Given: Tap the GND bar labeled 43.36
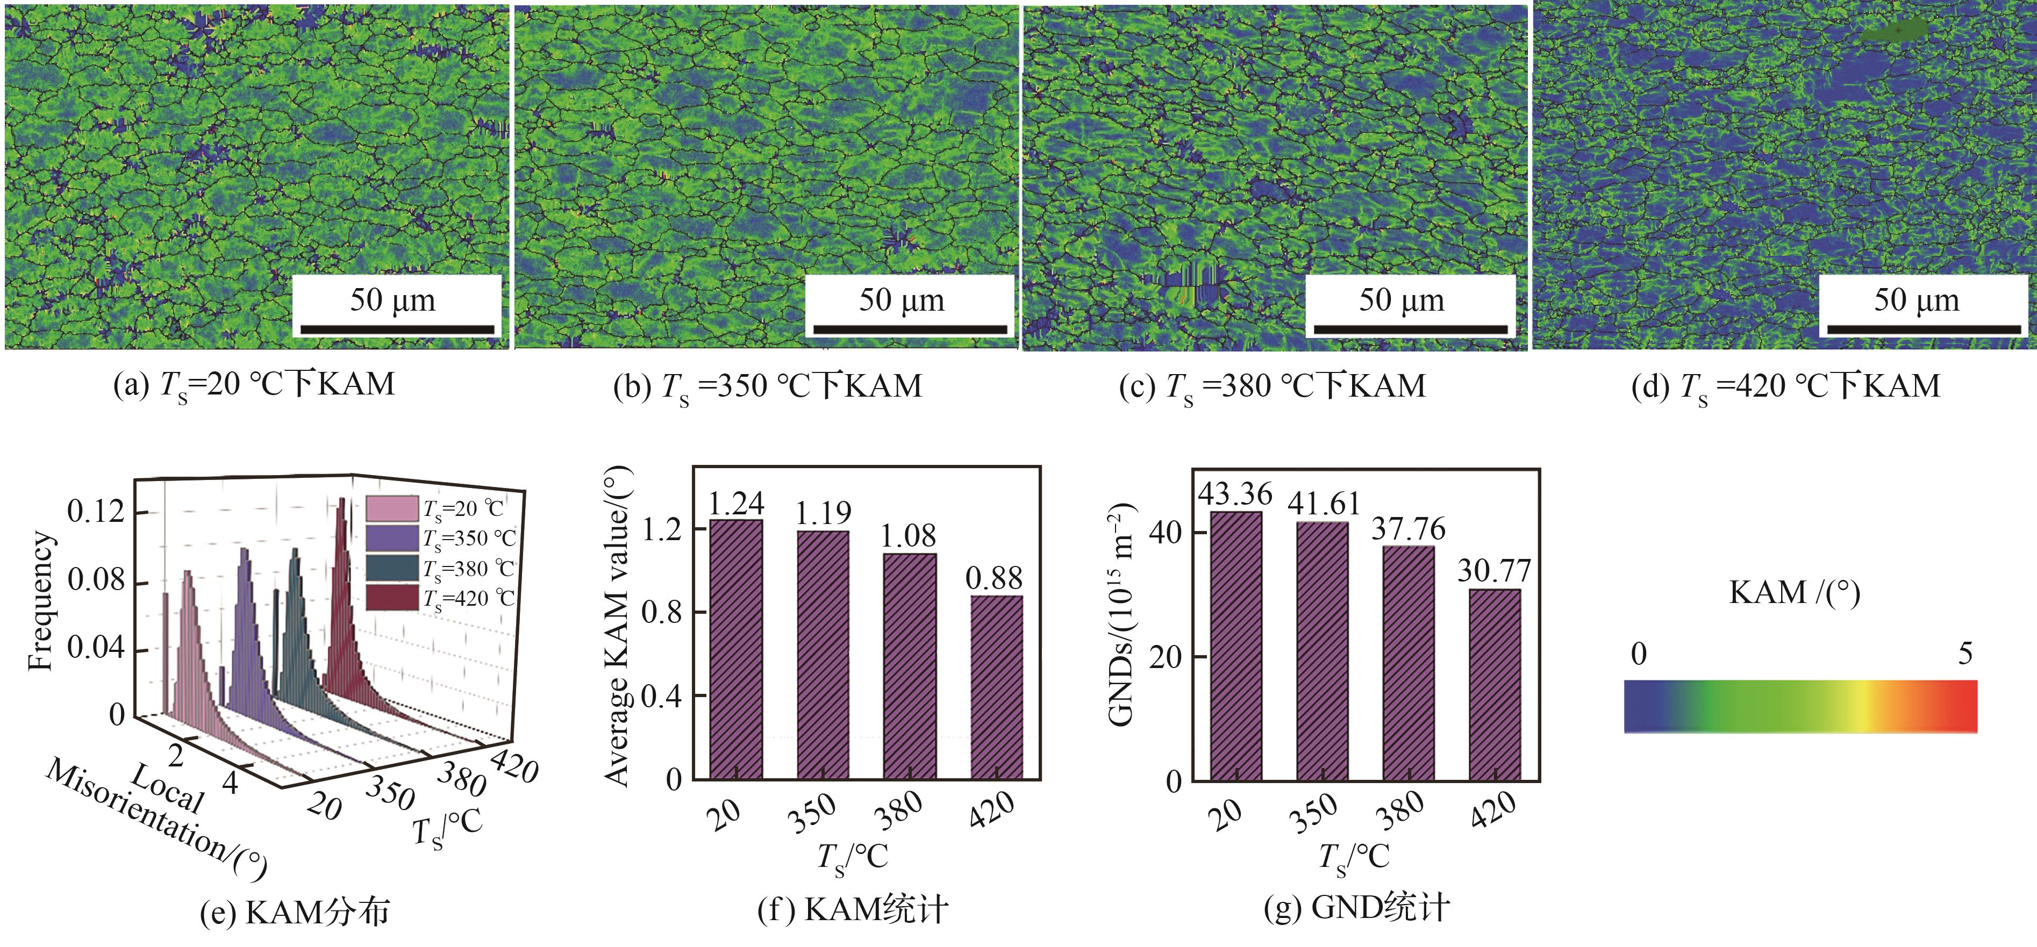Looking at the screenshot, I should coord(1236,645).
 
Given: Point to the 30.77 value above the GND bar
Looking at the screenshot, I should coord(1494,571).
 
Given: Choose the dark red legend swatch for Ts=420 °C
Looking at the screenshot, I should coord(391,598).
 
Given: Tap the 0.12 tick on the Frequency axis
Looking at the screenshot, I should coord(96,512).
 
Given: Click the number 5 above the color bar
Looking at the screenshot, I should coord(1965,654).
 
